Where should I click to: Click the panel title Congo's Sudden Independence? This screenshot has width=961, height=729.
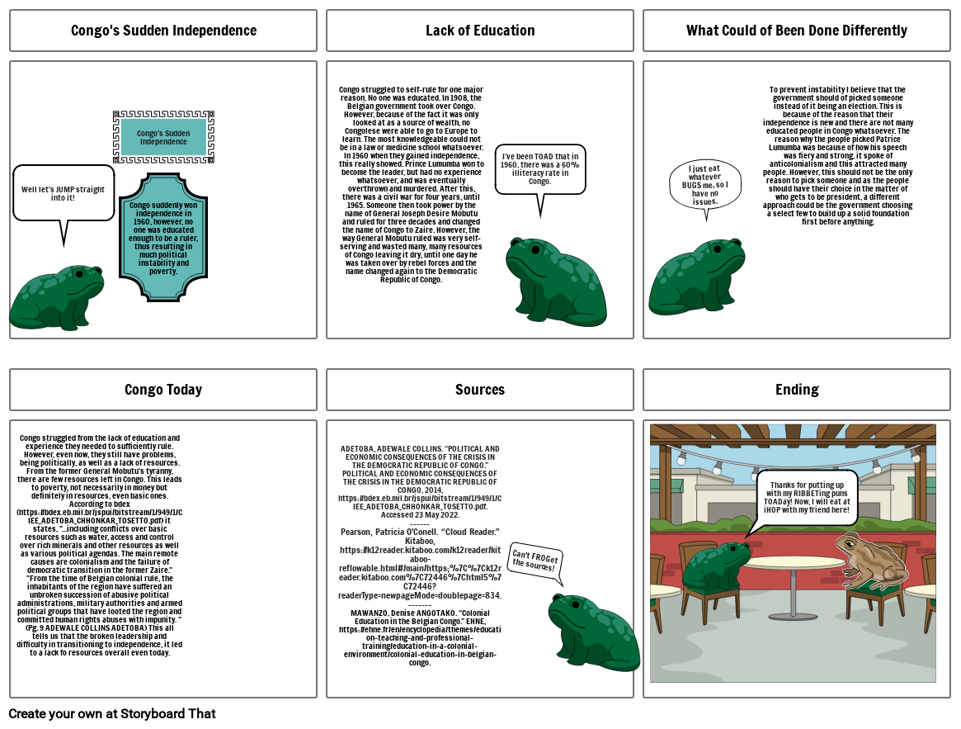pos(163,31)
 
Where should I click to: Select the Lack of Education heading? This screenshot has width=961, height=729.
pos(480,31)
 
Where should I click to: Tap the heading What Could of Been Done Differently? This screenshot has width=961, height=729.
pos(796,31)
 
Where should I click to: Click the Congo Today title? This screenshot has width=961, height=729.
pos(163,390)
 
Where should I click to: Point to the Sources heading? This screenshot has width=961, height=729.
pos(480,390)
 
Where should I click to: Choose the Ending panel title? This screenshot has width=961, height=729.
pos(796,390)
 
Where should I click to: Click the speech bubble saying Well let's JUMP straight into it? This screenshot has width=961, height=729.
pos(64,192)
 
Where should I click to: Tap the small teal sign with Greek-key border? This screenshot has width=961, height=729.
pos(163,137)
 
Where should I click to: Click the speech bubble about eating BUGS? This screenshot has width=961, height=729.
pos(704,186)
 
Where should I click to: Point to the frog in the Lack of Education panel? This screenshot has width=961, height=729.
pos(556,281)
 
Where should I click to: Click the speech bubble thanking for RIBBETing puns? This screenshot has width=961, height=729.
pos(807,498)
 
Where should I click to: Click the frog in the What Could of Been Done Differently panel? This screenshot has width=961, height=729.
pos(697,277)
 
